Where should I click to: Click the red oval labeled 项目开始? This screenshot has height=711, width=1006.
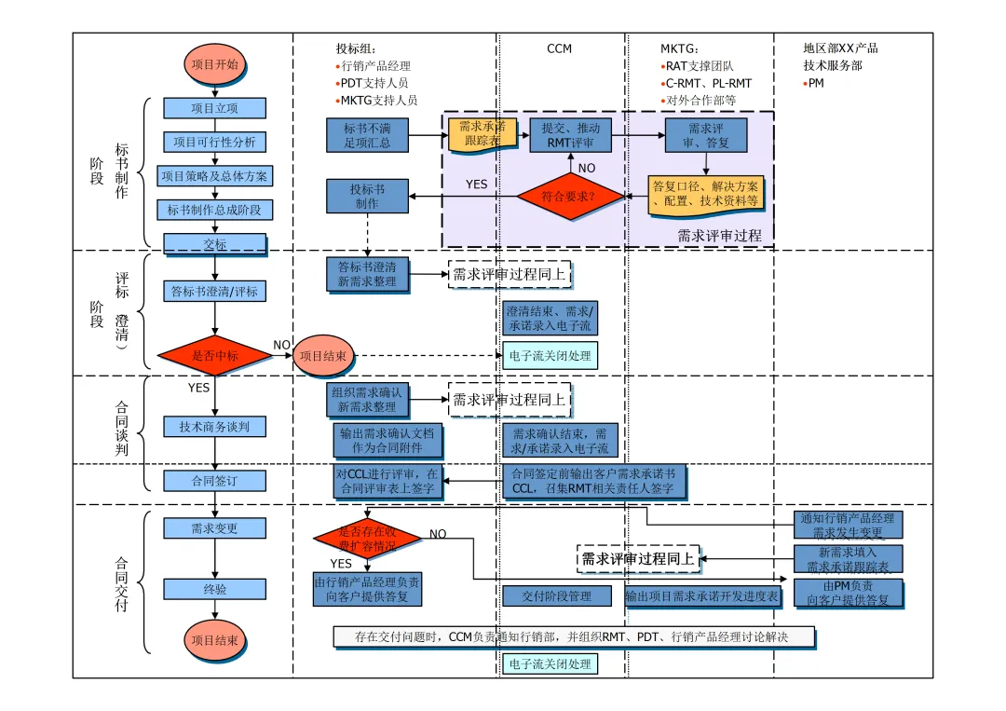click(x=214, y=65)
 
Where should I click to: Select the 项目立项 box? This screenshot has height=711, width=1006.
click(x=214, y=108)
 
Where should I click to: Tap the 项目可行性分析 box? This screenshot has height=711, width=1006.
click(x=214, y=142)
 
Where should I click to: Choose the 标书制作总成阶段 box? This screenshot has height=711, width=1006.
click(x=214, y=211)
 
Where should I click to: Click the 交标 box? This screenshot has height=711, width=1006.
click(x=214, y=244)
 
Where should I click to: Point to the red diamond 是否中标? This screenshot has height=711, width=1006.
click(x=214, y=355)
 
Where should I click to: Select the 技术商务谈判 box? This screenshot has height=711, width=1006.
click(x=214, y=427)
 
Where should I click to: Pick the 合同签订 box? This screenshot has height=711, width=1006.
click(x=214, y=481)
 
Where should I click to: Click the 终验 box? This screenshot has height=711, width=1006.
click(x=214, y=589)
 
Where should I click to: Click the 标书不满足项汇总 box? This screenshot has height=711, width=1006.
click(x=367, y=135)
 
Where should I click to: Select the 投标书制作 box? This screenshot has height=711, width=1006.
click(x=367, y=197)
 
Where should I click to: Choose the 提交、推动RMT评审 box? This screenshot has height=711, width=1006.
click(x=571, y=135)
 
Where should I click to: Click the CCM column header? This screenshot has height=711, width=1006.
click(x=559, y=48)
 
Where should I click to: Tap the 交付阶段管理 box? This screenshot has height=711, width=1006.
click(x=556, y=596)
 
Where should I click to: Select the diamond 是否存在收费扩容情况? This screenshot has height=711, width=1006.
click(x=367, y=538)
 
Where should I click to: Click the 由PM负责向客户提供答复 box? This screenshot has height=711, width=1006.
click(x=849, y=594)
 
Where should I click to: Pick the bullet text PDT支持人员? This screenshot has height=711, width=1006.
click(x=374, y=84)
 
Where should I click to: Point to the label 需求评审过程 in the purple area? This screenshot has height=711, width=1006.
click(x=719, y=236)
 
